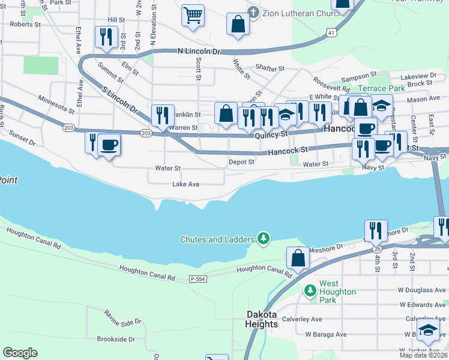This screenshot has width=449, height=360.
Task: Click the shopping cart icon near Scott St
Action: pos(193,16)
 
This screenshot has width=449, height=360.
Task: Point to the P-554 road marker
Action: pos(198,279)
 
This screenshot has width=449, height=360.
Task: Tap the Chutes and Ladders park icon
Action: pos(263,239)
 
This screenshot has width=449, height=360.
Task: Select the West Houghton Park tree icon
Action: pos(310,290)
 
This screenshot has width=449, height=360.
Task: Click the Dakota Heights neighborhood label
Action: pos(262,319)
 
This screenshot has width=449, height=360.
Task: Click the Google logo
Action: pos(20,353)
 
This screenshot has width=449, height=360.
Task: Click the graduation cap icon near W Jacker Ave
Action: pos(428,330)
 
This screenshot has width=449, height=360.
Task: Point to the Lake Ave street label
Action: pos(185,184)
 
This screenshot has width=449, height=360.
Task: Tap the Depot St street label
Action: pos(241,162)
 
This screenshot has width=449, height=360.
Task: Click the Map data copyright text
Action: pos(415,355)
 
